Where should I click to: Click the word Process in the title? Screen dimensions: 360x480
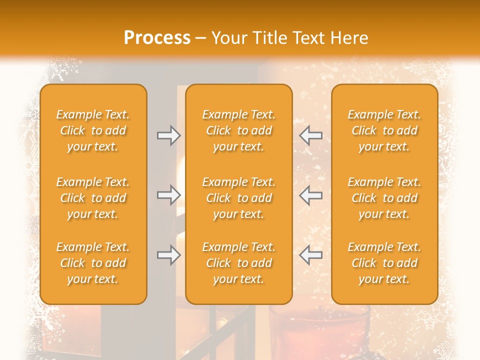pyautogui.click(x=157, y=38)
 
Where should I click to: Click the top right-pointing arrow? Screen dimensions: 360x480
pyautogui.click(x=168, y=135)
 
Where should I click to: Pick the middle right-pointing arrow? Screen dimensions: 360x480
pyautogui.click(x=168, y=195)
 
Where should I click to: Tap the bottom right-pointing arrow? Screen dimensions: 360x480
pyautogui.click(x=168, y=255)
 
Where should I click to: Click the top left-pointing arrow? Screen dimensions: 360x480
pyautogui.click(x=310, y=135)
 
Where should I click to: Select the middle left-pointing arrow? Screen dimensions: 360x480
pyautogui.click(x=310, y=195)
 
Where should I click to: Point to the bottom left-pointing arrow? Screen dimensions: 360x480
pyautogui.click(x=310, y=255)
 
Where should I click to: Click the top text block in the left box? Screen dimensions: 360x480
pyautogui.click(x=93, y=130)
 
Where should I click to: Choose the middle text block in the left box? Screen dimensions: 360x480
pyautogui.click(x=93, y=198)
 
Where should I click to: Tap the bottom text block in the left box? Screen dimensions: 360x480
pyautogui.click(x=93, y=263)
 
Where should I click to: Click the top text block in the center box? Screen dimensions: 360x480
pyautogui.click(x=239, y=130)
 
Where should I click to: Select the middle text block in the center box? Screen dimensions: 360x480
pyautogui.click(x=239, y=198)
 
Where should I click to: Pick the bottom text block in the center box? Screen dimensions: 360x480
pyautogui.click(x=239, y=263)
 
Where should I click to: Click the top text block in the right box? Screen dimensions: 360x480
pyautogui.click(x=384, y=130)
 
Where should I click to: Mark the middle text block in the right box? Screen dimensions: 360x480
pyautogui.click(x=384, y=198)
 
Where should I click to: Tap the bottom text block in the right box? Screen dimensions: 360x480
pyautogui.click(x=384, y=263)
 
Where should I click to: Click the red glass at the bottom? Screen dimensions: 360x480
pyautogui.click(x=320, y=332)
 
